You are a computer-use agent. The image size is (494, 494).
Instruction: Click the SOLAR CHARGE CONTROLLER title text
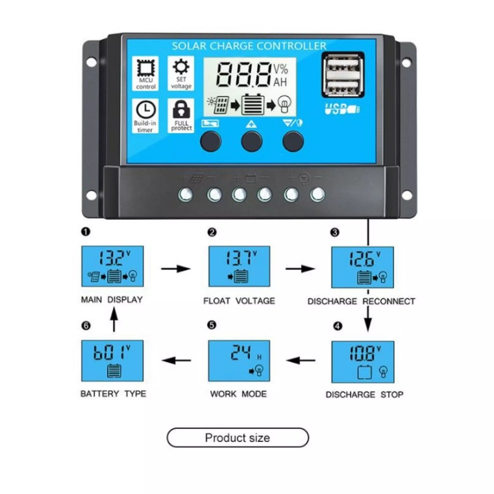point(249,46)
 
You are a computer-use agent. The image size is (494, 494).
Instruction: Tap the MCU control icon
point(146,73)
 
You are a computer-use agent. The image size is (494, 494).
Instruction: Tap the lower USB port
point(343,88)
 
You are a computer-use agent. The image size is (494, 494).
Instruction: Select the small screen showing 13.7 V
point(239,266)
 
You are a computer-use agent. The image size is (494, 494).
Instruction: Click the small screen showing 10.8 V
point(362,361)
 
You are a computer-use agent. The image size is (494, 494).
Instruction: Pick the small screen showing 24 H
point(239,360)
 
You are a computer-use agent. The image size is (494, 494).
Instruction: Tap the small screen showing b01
point(112,360)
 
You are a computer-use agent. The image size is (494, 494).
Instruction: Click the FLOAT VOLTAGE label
point(239,301)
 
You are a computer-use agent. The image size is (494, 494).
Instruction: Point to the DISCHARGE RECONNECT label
point(361,301)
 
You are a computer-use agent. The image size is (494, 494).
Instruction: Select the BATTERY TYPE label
point(113,394)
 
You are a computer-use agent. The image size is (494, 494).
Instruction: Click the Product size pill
point(237,438)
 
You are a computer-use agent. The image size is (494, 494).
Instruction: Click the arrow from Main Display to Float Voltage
point(176,268)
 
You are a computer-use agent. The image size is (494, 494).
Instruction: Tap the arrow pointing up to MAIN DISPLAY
point(113,320)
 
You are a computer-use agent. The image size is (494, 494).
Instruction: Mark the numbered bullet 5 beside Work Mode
point(211,325)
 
